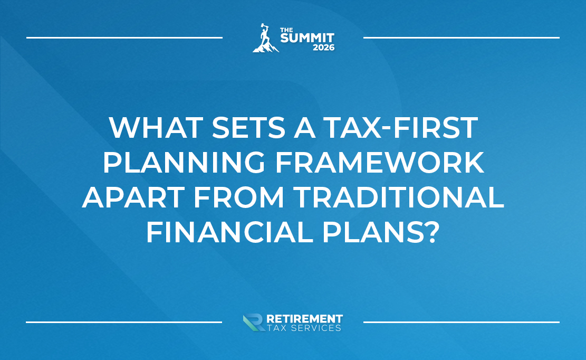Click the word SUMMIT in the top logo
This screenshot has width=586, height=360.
tap(307, 39)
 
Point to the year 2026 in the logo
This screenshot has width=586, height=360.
tap(322, 48)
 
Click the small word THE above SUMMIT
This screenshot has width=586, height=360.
tap(286, 30)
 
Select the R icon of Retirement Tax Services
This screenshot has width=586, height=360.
tap(253, 323)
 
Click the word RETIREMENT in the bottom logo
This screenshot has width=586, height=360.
tap(305, 319)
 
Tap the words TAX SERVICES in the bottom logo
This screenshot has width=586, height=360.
tap(304, 328)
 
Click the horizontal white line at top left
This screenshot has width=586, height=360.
tap(124, 37)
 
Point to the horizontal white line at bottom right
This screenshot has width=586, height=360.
tap(461, 321)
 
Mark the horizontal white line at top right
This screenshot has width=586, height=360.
tap(461, 37)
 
